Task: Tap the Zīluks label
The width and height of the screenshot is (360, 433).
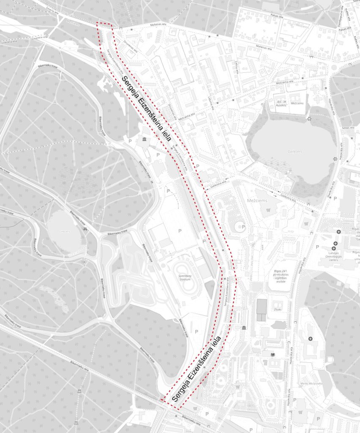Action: click(x=278, y=310)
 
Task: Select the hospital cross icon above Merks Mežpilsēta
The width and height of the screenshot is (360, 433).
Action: click(x=311, y=339)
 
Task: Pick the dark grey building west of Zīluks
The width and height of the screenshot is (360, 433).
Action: click(x=262, y=307)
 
